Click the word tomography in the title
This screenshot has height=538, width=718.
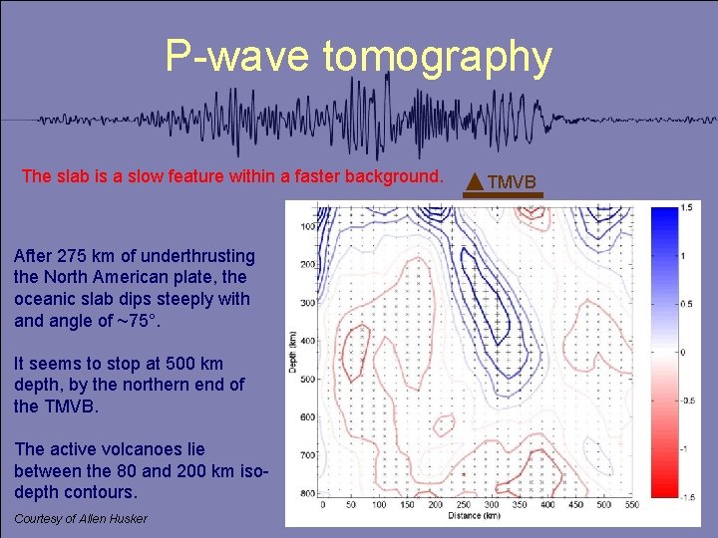coord(437,58)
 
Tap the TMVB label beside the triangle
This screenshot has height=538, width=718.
coord(512,181)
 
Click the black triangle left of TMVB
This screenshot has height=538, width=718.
coord(475,181)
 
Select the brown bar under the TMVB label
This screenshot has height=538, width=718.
coord(504,195)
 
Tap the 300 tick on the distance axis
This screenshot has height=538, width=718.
coord(491,506)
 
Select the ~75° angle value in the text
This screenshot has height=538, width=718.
coord(143,321)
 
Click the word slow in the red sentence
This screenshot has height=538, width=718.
coord(149,176)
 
